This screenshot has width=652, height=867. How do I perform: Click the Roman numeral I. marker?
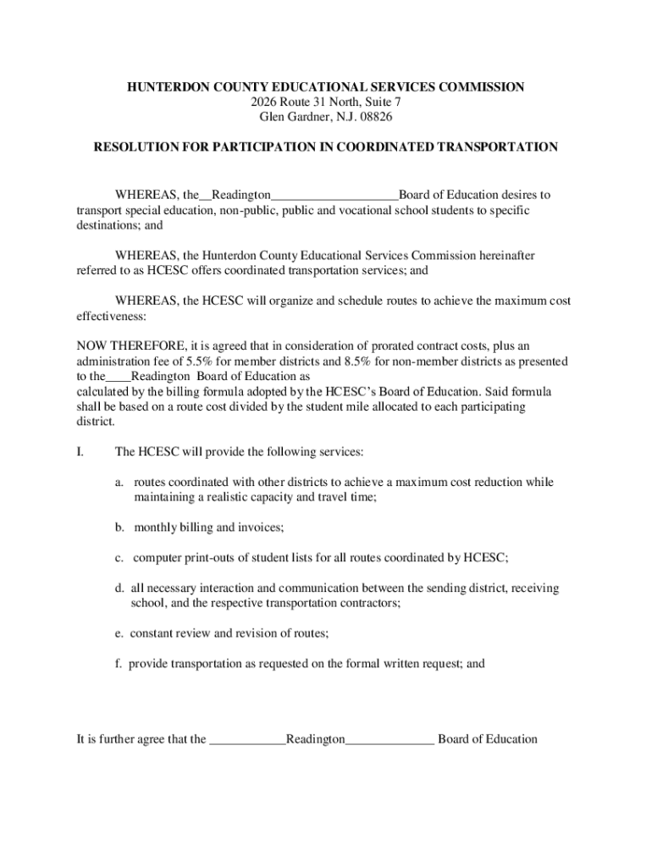click(x=80, y=452)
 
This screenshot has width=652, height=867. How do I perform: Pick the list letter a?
click(x=120, y=483)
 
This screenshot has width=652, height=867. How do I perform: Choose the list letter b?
click(x=120, y=527)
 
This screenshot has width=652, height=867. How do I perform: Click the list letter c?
click(x=120, y=557)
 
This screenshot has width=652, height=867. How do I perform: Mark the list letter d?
click(x=120, y=588)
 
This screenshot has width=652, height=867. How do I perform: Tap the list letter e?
click(x=120, y=633)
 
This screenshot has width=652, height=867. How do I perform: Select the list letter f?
click(x=120, y=664)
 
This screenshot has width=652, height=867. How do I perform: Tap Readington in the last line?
click(x=315, y=739)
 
